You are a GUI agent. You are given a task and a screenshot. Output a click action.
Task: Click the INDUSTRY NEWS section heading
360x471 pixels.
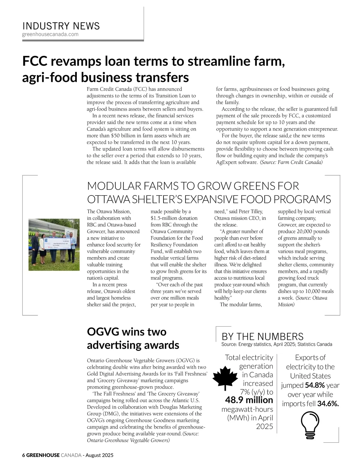coord(61,26)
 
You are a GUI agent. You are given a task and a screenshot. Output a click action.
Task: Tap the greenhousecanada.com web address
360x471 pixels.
coord(50,34)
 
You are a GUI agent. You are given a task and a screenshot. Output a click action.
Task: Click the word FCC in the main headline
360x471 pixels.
coord(35,61)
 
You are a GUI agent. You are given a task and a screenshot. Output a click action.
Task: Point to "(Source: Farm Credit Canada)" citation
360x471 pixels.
coord(291,162)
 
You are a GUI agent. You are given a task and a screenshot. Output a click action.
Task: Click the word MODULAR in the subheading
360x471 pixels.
coord(114,186)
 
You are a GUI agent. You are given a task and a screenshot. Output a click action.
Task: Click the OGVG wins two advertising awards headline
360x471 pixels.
coord(133,338)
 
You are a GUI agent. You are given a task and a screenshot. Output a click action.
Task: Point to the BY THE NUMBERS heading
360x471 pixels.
coord(262,337)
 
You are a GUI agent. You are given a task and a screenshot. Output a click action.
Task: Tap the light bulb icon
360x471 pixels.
coord(310,424)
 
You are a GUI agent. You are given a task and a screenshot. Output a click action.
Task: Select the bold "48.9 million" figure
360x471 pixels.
coord(249,400)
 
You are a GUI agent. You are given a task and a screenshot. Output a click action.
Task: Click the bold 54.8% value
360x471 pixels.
coord(315,385)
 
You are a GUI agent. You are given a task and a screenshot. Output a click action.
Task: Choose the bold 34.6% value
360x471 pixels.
coord(328,404)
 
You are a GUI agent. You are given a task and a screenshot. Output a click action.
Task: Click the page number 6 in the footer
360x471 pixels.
coord(24,455)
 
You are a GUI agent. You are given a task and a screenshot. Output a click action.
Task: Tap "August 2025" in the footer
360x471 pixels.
coord(99,455)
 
